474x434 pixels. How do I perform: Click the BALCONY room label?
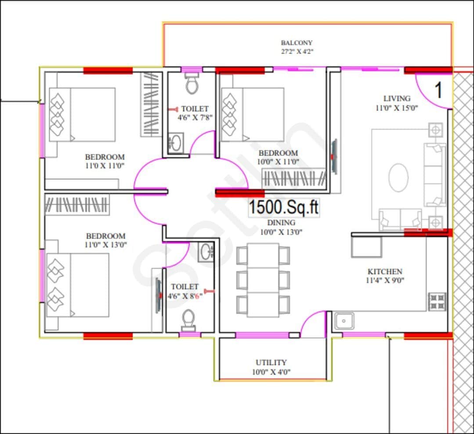point(297,43)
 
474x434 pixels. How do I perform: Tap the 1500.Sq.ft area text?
point(284,207)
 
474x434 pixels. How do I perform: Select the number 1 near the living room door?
point(438,90)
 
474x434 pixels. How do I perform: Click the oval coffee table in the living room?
point(398,177)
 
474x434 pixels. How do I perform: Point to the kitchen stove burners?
point(437,301)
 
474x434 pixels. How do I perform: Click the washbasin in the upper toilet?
point(175,143)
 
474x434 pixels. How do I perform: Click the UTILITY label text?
point(271,362)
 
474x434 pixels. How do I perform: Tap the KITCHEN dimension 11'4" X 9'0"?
point(385,280)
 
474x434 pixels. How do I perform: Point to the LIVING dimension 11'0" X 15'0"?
point(397,107)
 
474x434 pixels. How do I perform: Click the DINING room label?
point(281,223)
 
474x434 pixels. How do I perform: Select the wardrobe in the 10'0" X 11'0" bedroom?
point(293,178)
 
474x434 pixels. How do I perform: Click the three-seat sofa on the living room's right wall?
point(434,174)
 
